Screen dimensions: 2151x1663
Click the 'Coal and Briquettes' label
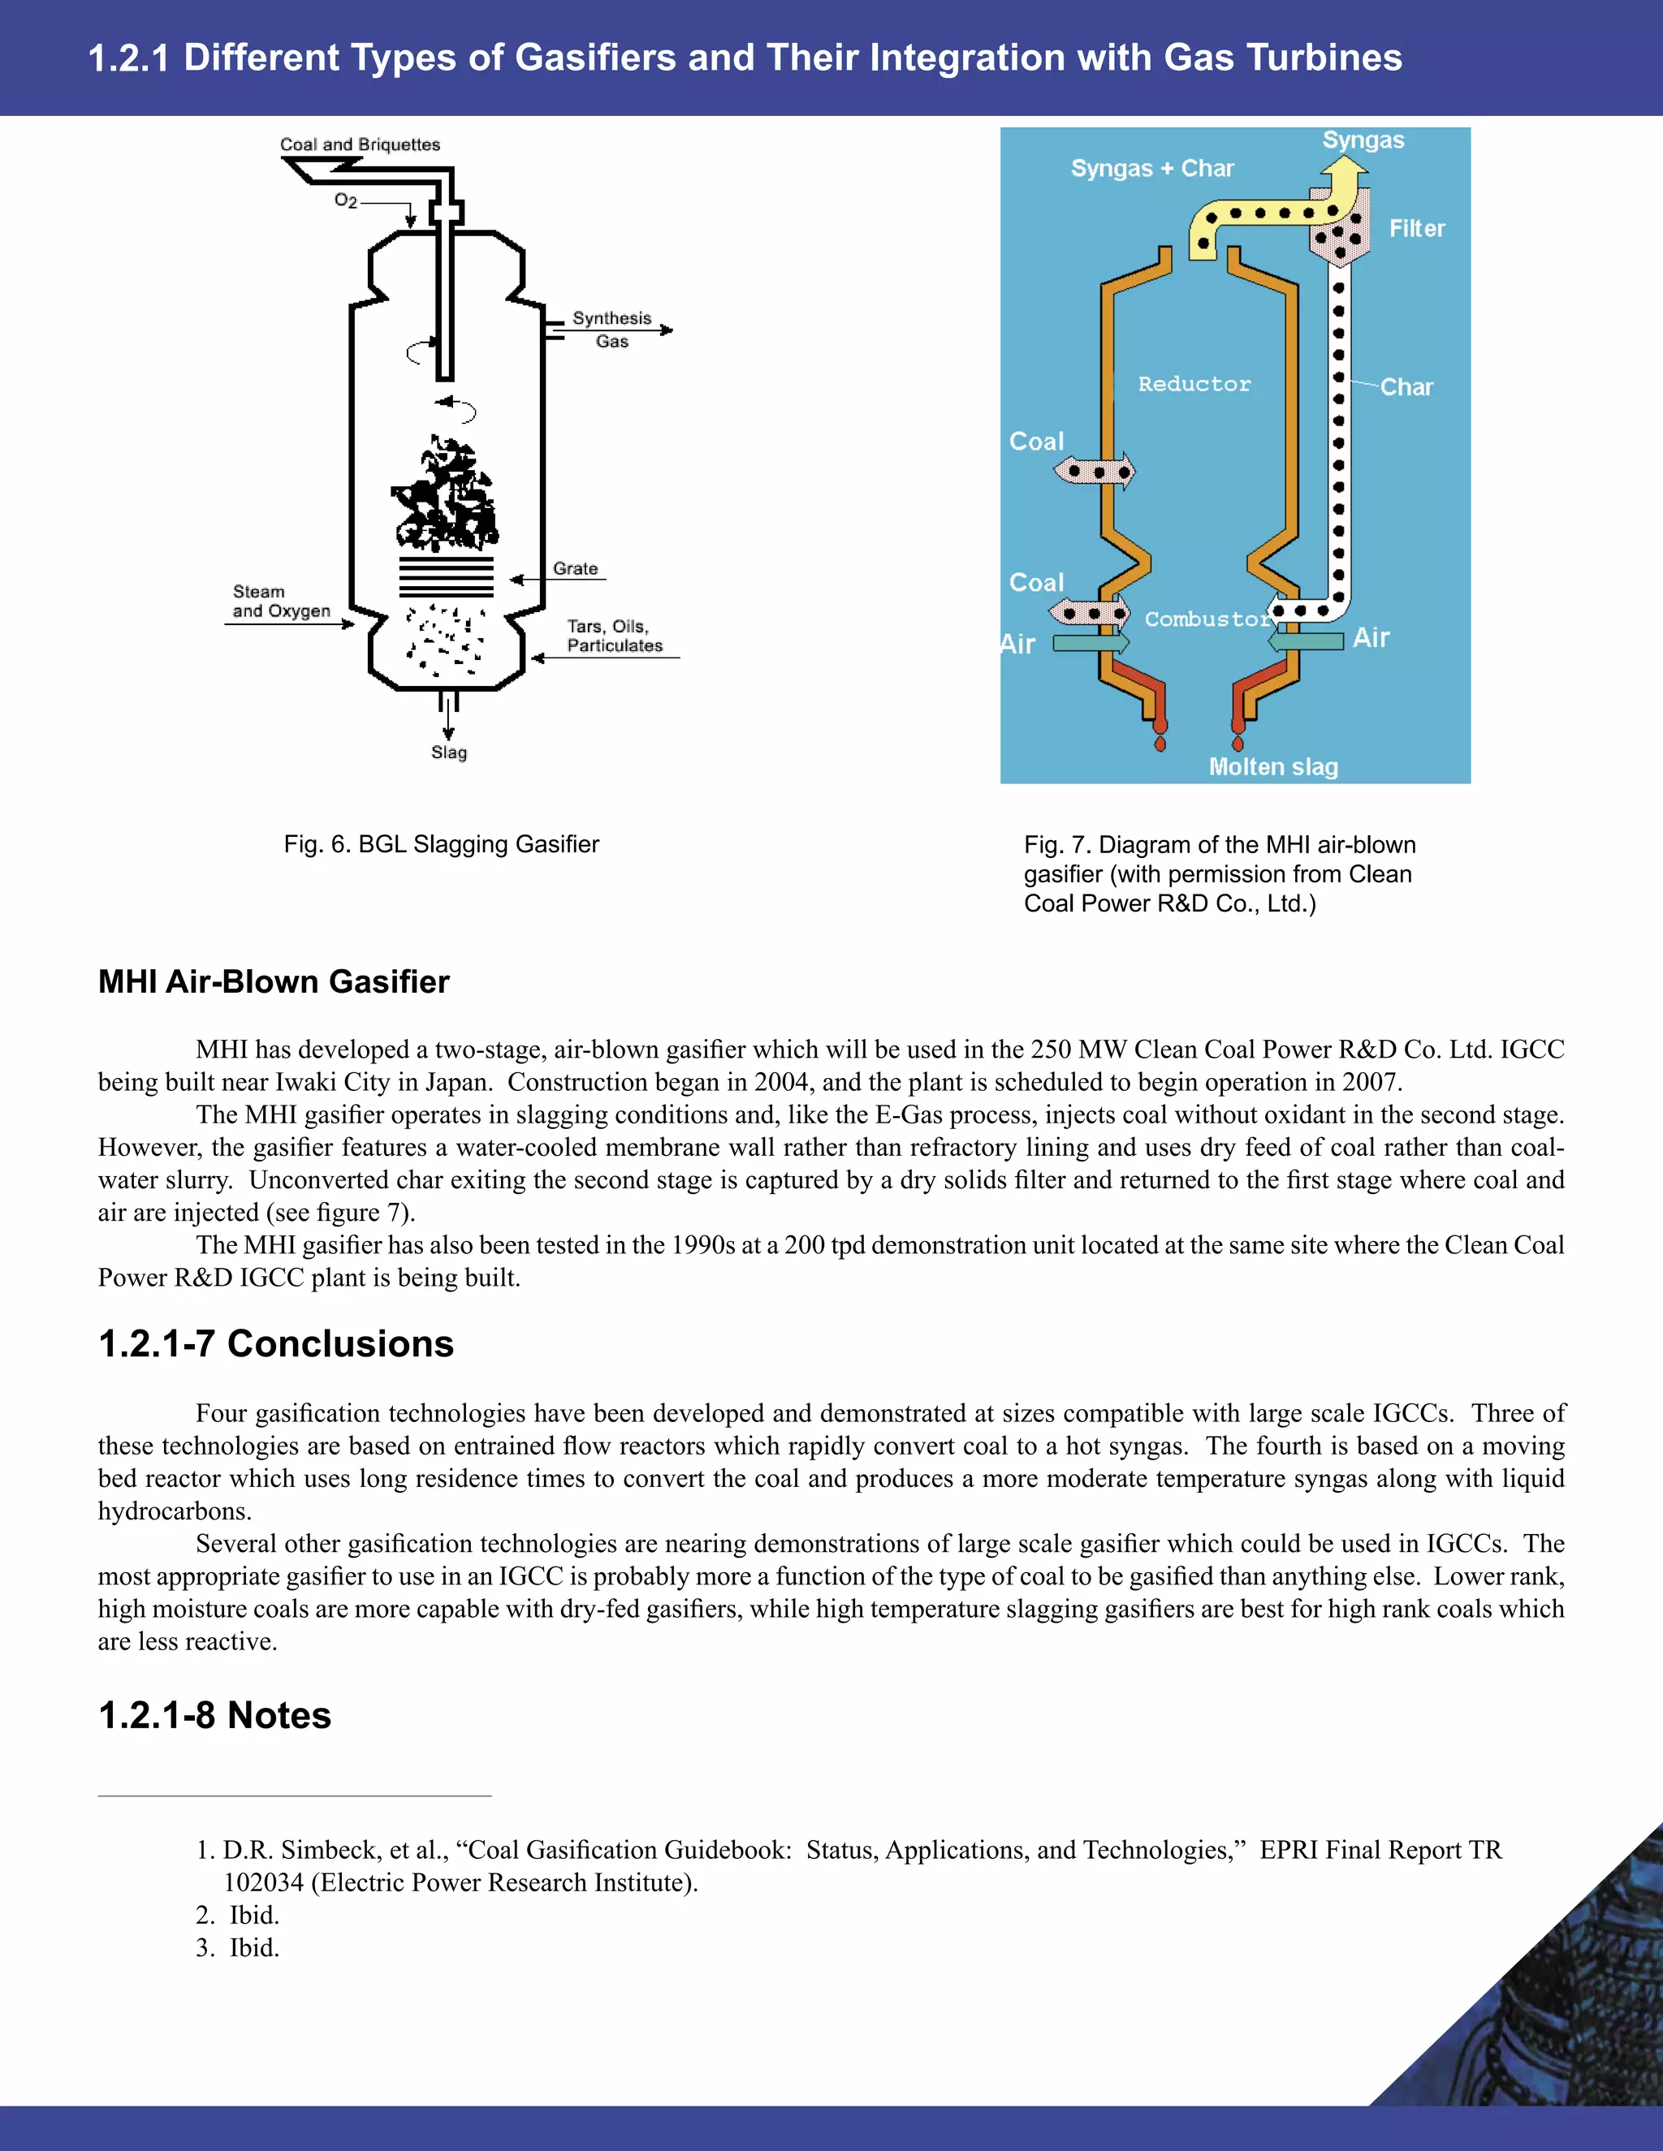pyautogui.click(x=360, y=144)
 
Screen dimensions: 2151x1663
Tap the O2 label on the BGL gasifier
pyautogui.click(x=345, y=201)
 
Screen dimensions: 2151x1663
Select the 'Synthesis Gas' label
pyautogui.click(x=611, y=330)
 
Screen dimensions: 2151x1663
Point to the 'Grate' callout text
pyautogui.click(x=576, y=568)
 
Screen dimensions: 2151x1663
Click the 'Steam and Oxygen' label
pyautogui.click(x=281, y=601)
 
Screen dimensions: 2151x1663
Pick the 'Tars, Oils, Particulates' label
pyautogui.click(x=614, y=636)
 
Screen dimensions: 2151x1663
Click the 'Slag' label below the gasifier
pyautogui.click(x=448, y=752)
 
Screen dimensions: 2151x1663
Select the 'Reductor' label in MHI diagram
pyautogui.click(x=1194, y=384)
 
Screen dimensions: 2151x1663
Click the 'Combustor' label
pyautogui.click(x=1207, y=619)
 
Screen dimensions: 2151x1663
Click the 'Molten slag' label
pyautogui.click(x=1273, y=766)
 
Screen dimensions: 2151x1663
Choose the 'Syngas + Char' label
pyautogui.click(x=1151, y=168)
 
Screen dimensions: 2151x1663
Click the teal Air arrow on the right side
pyautogui.click(x=1306, y=641)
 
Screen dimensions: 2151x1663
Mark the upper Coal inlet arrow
pyautogui.click(x=1095, y=472)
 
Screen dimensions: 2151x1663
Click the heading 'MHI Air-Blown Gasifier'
pyautogui.click(x=274, y=982)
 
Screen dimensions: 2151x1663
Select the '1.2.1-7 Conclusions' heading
pyautogui.click(x=276, y=1344)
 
